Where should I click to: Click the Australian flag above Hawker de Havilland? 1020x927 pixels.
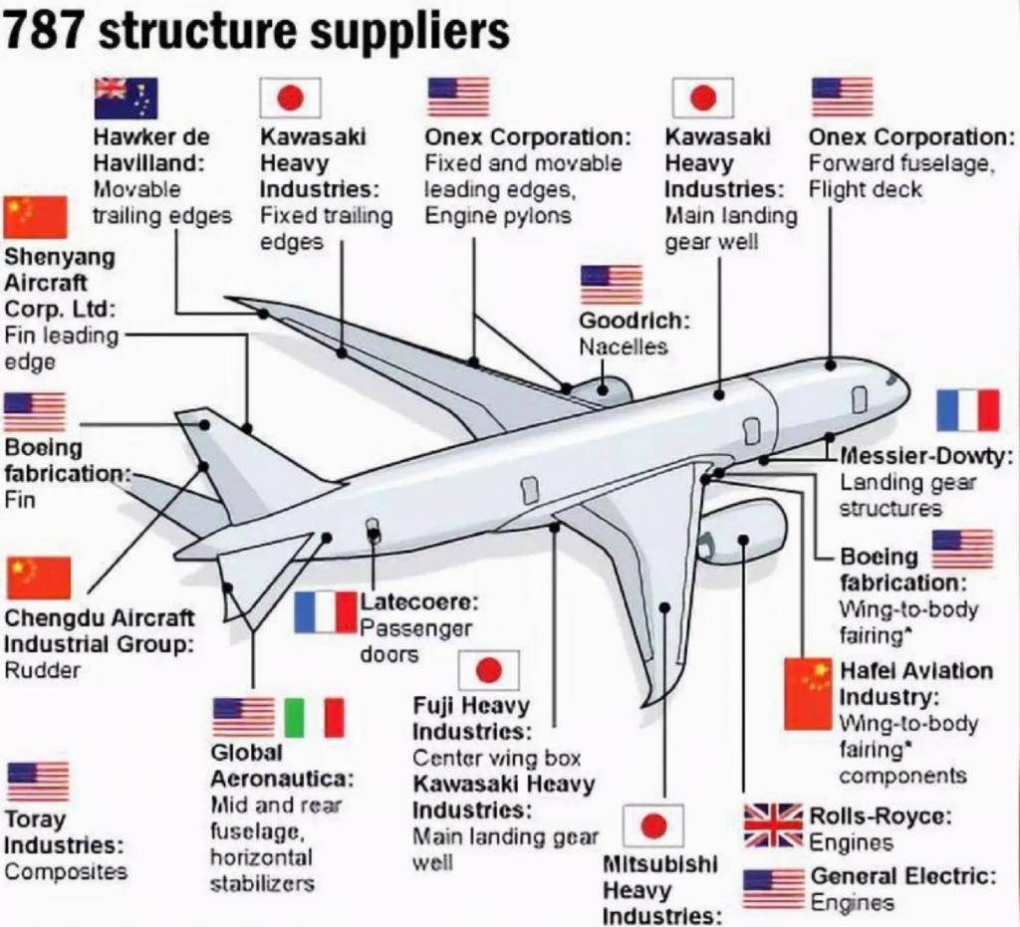point(126,98)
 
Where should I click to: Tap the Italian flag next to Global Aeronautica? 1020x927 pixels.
point(314,717)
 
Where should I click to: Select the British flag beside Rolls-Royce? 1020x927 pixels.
point(773,825)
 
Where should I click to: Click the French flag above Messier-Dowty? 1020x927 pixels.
point(967,410)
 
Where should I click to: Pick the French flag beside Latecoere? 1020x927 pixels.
point(325,611)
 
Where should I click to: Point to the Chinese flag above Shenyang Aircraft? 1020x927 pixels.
point(35,217)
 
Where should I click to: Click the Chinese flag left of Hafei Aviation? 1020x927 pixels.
point(808,693)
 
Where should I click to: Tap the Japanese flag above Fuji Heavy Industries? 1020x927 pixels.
point(488,670)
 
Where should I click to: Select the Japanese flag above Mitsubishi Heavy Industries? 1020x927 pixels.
point(652,825)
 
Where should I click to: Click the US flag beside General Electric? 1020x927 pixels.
point(773,888)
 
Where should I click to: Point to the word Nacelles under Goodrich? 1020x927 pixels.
point(623,347)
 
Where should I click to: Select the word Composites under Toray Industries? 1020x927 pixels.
point(66,871)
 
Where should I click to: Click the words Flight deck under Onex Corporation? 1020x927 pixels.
point(865,189)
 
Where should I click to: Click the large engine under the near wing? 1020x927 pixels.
point(742,530)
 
